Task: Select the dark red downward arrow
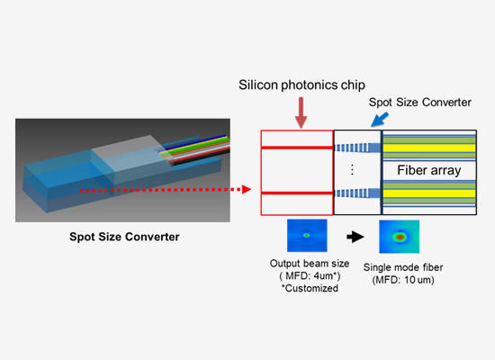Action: click(300, 112)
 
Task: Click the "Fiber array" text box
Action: click(429, 170)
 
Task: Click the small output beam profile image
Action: click(306, 236)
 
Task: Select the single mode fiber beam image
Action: click(400, 238)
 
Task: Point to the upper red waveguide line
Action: click(296, 146)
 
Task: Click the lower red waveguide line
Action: click(296, 193)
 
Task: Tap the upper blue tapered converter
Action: click(358, 146)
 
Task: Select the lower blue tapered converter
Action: click(358, 193)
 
